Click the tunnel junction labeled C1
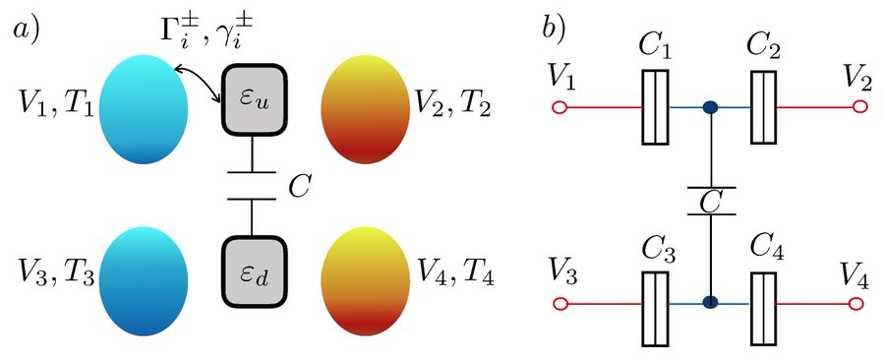pos(655,106)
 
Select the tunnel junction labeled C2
pos(763,106)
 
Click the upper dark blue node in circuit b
pos(709,107)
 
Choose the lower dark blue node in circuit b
pos(709,304)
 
